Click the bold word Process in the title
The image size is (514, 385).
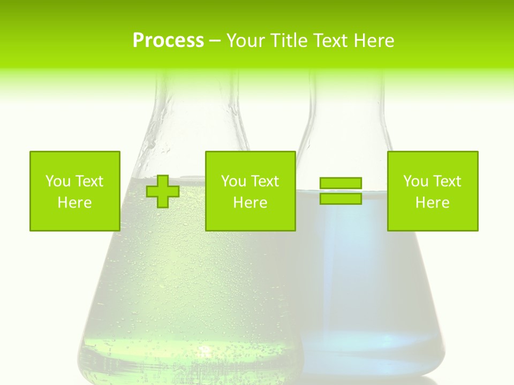168,40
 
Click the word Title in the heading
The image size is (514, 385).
288,40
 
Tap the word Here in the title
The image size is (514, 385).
374,40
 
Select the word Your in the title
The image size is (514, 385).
247,40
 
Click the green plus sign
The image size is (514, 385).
163,191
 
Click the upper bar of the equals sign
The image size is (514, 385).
341,183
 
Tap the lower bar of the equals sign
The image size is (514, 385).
341,199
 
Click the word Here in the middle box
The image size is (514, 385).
250,203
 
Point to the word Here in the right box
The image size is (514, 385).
433,203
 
